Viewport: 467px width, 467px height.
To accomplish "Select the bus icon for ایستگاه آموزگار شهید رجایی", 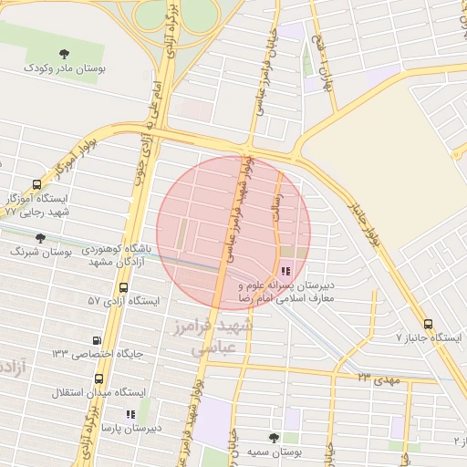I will click(36, 183).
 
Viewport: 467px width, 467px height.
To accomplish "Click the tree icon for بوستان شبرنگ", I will click(40, 238).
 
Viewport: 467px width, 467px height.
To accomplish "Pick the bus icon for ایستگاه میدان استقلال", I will click(99, 379).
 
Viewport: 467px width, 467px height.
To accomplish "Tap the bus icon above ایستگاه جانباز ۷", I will click(428, 324).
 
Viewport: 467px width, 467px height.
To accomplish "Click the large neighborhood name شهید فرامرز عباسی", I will click(219, 335).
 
